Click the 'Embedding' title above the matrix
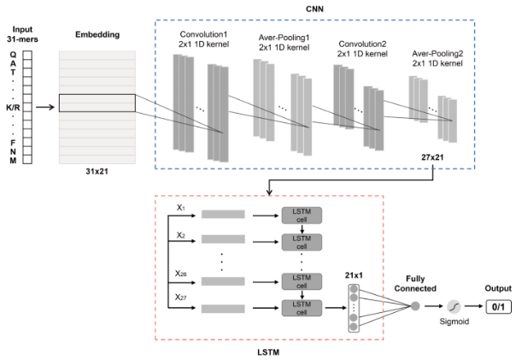(96, 36)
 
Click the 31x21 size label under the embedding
(97, 172)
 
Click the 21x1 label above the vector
(353, 274)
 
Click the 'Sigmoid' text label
(454, 322)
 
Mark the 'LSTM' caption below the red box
(269, 351)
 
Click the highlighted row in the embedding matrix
(97, 103)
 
